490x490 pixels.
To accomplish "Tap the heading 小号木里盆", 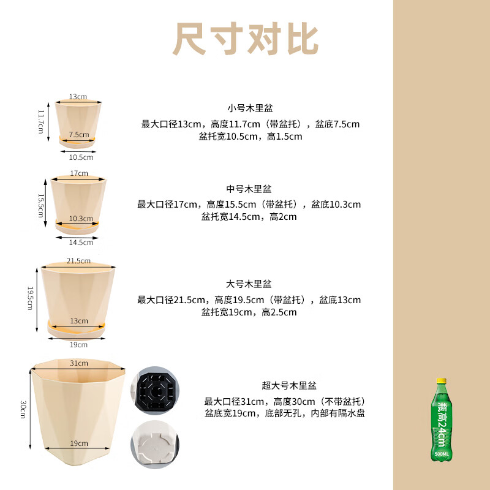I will [250, 108].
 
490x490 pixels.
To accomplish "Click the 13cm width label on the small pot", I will [78, 97].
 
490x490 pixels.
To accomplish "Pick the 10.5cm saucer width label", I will [77, 157].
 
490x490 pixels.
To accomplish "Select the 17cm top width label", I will [78, 173].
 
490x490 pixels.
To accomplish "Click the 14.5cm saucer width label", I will [77, 243].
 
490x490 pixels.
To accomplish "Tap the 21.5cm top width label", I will [78, 261].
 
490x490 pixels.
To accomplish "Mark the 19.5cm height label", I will [29, 297].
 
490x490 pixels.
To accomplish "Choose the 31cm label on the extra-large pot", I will [78, 363].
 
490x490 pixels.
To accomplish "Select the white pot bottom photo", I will [154, 444].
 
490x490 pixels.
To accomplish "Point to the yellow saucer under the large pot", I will [78, 331].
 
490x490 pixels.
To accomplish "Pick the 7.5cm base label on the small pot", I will [78, 134].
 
